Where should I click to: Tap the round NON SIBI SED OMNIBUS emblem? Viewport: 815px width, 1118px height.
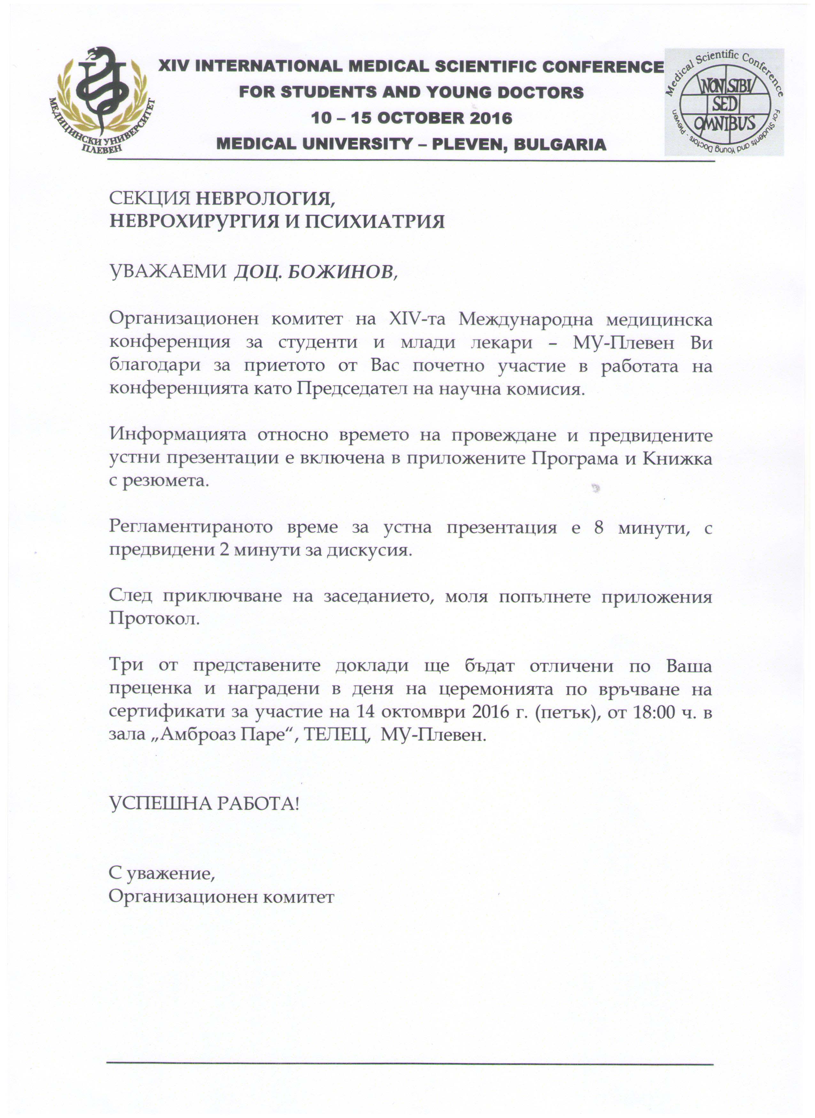724,102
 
